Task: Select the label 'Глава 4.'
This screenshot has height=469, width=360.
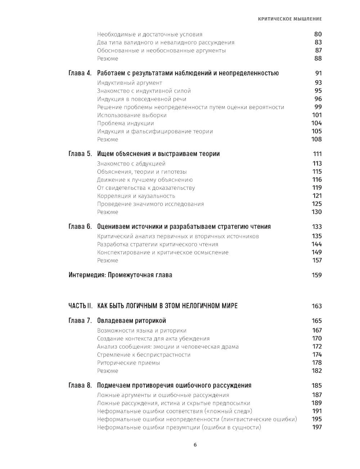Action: pyautogui.click(x=80, y=73)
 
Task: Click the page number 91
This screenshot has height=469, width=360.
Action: pyautogui.click(x=318, y=73)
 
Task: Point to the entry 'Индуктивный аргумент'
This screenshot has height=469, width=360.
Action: pyautogui.click(x=130, y=83)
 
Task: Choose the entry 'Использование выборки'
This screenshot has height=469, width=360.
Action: pyautogui.click(x=132, y=115)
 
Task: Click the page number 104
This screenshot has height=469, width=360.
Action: pyautogui.click(x=316, y=123)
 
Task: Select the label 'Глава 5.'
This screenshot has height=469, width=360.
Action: pyautogui.click(x=80, y=154)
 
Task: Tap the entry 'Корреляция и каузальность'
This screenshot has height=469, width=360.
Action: pyautogui.click(x=136, y=196)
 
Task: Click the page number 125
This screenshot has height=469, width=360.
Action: pyautogui.click(x=316, y=204)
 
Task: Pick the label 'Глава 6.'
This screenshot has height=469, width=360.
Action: pyautogui.click(x=80, y=227)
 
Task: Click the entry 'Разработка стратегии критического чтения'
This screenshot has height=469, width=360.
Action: pyautogui.click(x=158, y=244)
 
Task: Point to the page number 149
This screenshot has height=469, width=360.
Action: pyautogui.click(x=316, y=252)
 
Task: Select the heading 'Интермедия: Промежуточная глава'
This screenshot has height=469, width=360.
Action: pyautogui.click(x=120, y=275)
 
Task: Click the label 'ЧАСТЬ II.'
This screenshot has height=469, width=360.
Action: pyautogui.click(x=80, y=306)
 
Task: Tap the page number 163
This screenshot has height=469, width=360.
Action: pyautogui.click(x=316, y=306)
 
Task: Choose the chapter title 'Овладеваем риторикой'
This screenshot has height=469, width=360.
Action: pyautogui.click(x=131, y=321)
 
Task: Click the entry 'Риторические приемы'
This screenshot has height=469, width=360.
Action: pyautogui.click(x=129, y=363)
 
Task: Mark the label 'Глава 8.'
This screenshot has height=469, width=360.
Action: pyautogui.click(x=80, y=385)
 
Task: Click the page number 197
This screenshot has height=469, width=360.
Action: pyautogui.click(x=317, y=427)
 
